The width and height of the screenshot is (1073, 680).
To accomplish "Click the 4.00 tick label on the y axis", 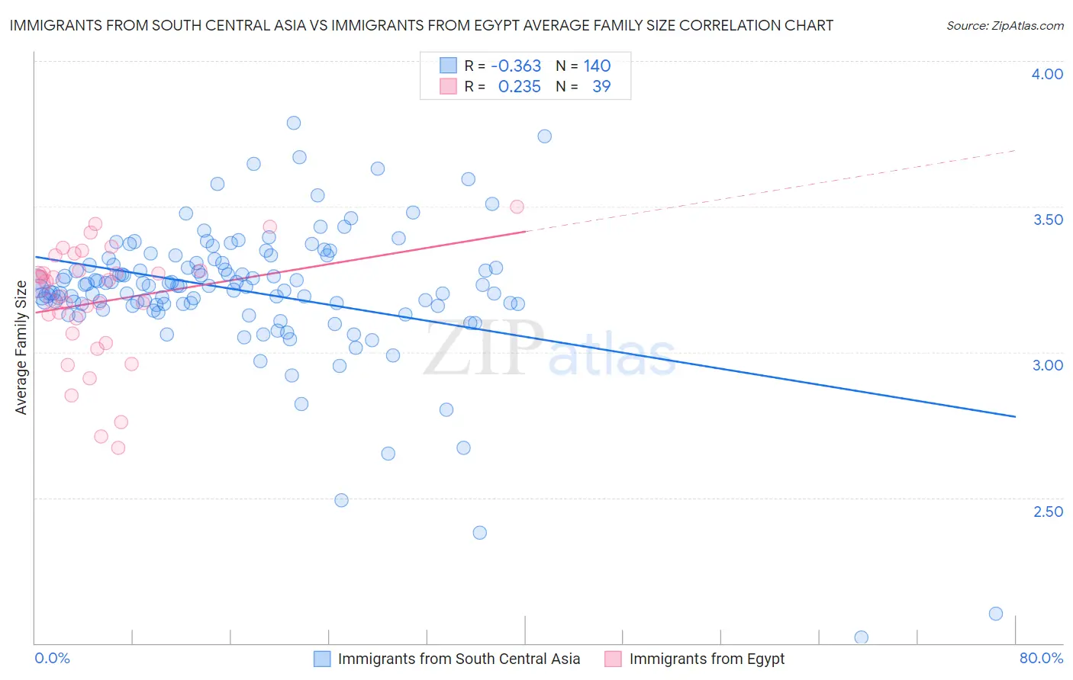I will coord(1047,74).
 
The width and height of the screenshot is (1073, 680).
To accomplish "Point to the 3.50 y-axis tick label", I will coord(1047,220).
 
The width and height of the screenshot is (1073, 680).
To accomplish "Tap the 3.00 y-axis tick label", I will coord(1047,365).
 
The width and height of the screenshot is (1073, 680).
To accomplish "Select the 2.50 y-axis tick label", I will coord(1047,512).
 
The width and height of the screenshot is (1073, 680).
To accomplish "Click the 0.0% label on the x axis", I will coord(52,658).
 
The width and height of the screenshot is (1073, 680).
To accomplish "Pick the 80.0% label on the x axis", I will coord(1040,658).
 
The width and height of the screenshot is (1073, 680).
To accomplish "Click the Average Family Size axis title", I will coord(21,348).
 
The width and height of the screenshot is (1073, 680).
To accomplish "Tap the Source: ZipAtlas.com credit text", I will coord(1004,26).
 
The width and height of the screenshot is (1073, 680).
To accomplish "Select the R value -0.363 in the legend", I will coord(515,66).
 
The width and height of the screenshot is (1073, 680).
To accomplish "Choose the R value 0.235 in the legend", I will coord(519,87).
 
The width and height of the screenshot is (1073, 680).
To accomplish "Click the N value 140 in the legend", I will coord(597,66).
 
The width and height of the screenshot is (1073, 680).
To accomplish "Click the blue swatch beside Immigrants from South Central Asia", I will coord(322,659).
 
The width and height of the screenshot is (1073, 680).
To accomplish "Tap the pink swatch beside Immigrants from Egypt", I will coord(613,659).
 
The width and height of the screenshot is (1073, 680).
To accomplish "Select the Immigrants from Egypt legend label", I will coord(707,659).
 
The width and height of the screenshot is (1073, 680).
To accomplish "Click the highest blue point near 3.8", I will coord(294,123).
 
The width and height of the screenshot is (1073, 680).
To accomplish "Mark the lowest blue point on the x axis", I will coord(862,637).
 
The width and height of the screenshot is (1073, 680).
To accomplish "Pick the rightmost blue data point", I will coord(996,614).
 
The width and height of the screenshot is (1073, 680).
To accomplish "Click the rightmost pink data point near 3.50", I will coord(517,207).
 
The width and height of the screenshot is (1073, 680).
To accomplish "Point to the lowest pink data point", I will coord(118,447).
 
